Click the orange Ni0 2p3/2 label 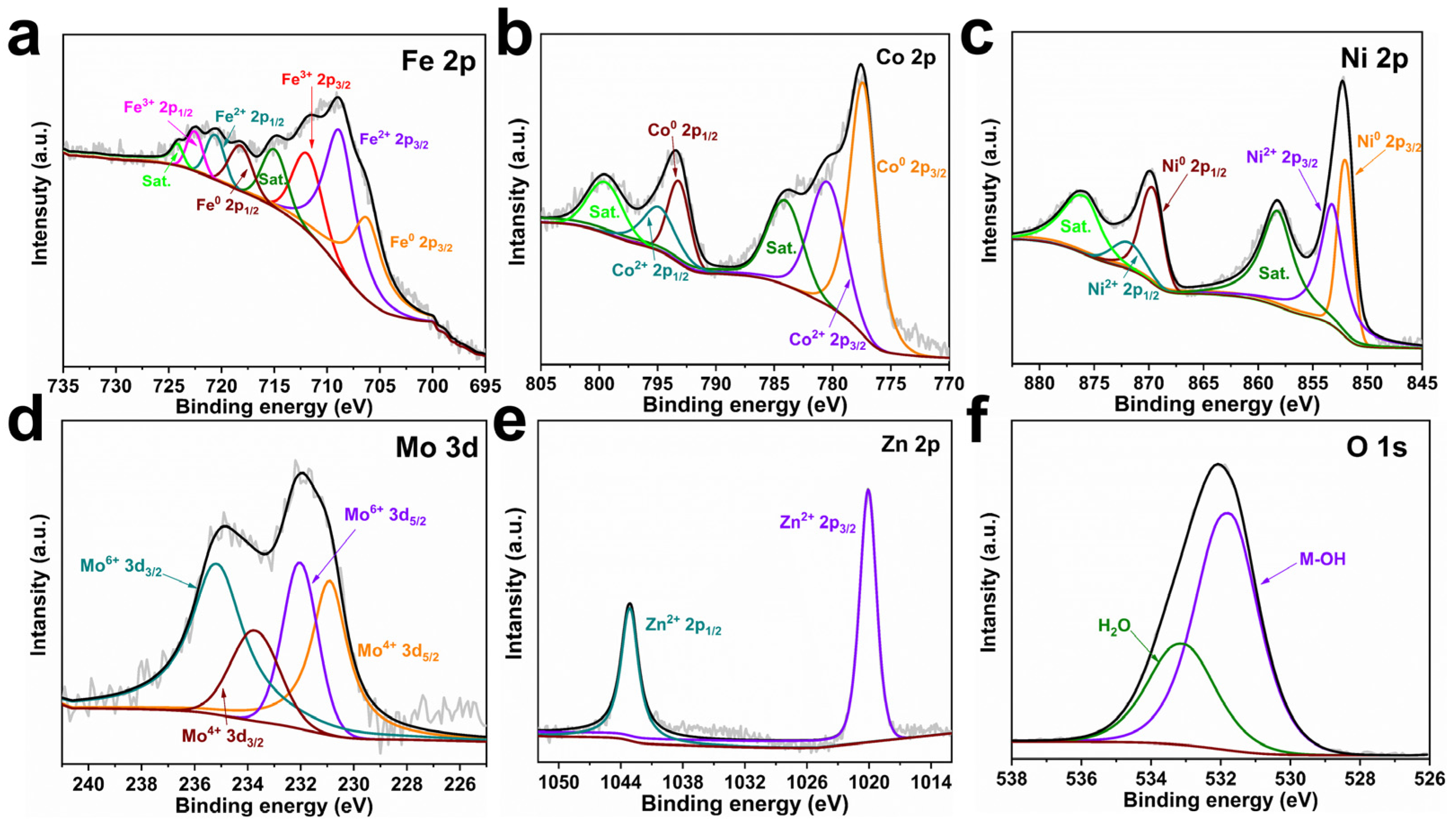[1396, 143]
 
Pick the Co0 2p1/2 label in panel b [682, 132]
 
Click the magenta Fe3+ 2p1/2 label [158, 108]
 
